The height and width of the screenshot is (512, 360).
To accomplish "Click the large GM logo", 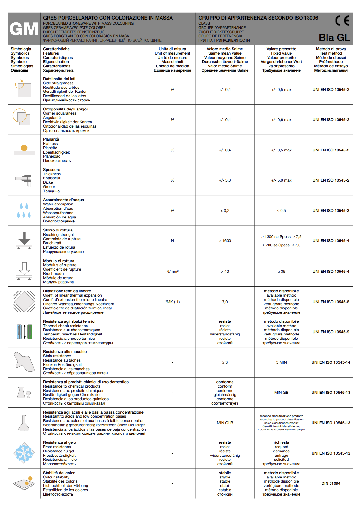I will (24, 29).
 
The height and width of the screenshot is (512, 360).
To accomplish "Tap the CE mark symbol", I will (342, 20).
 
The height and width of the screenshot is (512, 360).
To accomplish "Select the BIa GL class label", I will (334, 38).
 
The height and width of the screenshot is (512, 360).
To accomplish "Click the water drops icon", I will (24, 210).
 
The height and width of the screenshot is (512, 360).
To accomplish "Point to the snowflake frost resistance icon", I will (24, 453).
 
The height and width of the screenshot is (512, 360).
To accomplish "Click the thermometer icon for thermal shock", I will (24, 331).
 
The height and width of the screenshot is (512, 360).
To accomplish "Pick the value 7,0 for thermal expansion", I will (225, 302).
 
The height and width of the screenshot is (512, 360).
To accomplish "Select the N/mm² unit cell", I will (172, 272).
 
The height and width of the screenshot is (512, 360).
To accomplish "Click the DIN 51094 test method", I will (331, 483).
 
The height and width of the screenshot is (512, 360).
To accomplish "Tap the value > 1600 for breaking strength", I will (225, 241).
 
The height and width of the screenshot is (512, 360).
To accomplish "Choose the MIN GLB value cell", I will (225, 423).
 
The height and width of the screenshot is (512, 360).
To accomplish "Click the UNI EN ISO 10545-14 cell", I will (331, 362).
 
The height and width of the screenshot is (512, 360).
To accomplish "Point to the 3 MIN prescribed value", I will (281, 362).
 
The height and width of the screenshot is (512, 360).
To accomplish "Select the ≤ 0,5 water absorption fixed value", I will (281, 211).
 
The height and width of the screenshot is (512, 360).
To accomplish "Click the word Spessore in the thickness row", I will (51, 170).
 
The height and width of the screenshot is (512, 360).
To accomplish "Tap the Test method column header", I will (331, 53).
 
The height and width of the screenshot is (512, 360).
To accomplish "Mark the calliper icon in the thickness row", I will (24, 180).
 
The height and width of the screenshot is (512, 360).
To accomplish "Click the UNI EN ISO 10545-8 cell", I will (331, 302).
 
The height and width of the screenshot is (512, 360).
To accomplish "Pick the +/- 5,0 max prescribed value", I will (281, 180).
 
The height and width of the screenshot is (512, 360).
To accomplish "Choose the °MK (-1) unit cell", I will (172, 302).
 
